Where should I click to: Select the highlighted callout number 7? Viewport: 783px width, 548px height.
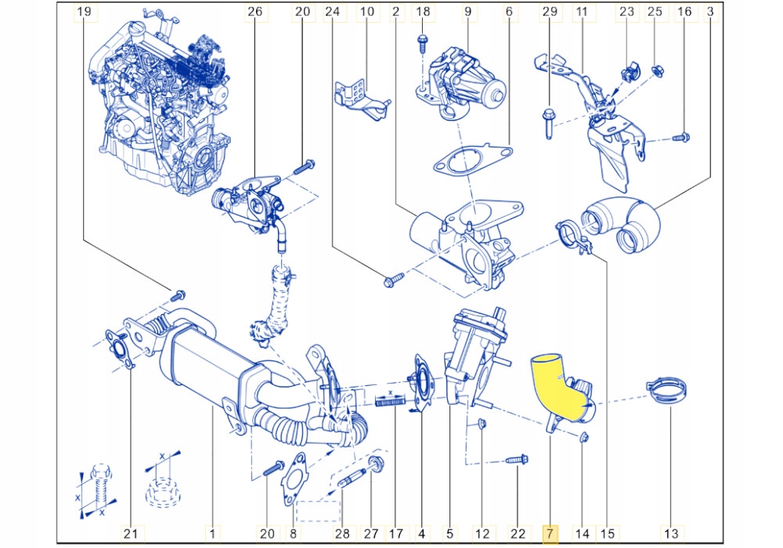click(550, 533)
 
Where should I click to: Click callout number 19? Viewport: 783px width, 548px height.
click(84, 12)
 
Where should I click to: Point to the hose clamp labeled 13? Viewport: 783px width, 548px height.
click(665, 391)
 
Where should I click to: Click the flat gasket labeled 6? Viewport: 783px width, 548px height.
click(471, 161)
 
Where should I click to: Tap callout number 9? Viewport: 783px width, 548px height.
click(467, 12)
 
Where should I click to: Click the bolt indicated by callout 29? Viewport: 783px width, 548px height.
click(548, 121)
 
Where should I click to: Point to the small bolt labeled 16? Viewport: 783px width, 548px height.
click(680, 138)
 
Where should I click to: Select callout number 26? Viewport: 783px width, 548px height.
click(254, 12)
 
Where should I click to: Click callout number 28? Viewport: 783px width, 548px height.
click(341, 533)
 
